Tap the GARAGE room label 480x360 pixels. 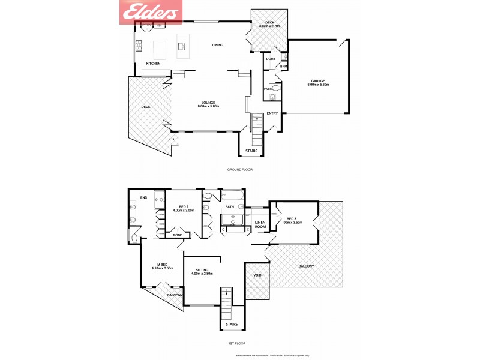pyautogui.click(x=319, y=80)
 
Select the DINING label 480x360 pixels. pyautogui.click(x=217, y=45)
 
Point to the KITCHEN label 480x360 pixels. pyautogui.click(x=153, y=63)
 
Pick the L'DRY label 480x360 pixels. pyautogui.click(x=270, y=59)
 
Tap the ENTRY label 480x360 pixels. pyautogui.click(x=272, y=113)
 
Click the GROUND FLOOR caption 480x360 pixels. pyautogui.click(x=239, y=170)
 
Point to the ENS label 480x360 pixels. pyautogui.click(x=143, y=197)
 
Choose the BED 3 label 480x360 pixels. pyautogui.click(x=291, y=218)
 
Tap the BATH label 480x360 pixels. pyautogui.click(x=229, y=207)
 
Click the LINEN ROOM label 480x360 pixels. pyautogui.click(x=260, y=224)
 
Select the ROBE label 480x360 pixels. pyautogui.click(x=178, y=235)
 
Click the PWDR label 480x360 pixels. pyautogui.click(x=267, y=89)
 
